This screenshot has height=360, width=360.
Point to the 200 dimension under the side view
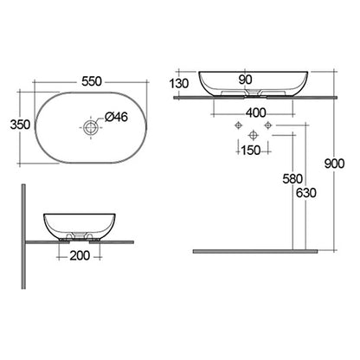80,256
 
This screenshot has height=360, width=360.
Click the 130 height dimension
181,83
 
